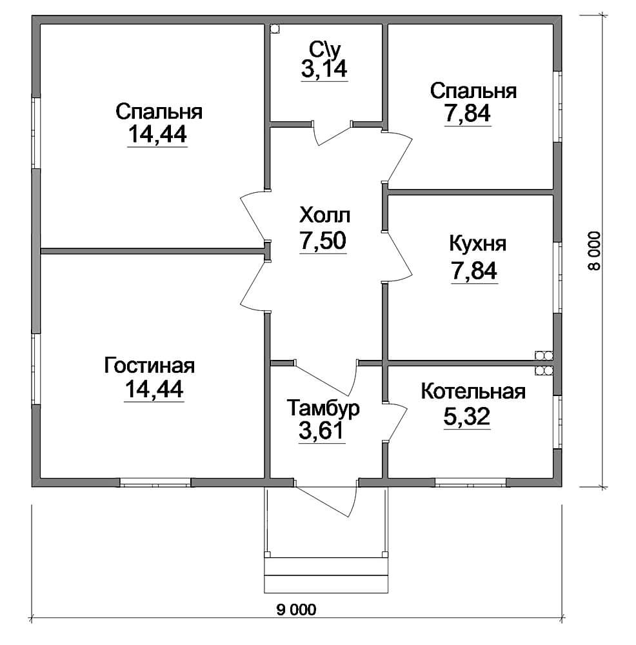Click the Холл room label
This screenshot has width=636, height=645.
point(325,215)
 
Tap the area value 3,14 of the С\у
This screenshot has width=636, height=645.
point(324,69)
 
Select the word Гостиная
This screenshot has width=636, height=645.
point(150,365)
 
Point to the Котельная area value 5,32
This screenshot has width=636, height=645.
point(467,416)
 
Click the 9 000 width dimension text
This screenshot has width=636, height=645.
point(296,610)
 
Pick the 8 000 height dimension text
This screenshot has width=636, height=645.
point(594,250)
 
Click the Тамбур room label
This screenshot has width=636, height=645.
point(323,408)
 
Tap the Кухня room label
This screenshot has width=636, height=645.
point(477,244)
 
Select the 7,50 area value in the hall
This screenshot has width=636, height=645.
point(323,241)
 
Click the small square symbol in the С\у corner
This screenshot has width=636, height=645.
point(275,29)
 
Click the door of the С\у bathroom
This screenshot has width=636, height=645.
point(332,134)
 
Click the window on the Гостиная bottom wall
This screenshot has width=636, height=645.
point(155,482)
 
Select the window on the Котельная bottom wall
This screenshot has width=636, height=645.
point(471,482)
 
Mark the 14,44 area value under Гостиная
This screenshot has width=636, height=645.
point(154,389)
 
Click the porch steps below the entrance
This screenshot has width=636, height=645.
point(326,575)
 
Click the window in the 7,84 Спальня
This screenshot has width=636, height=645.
point(557,107)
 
